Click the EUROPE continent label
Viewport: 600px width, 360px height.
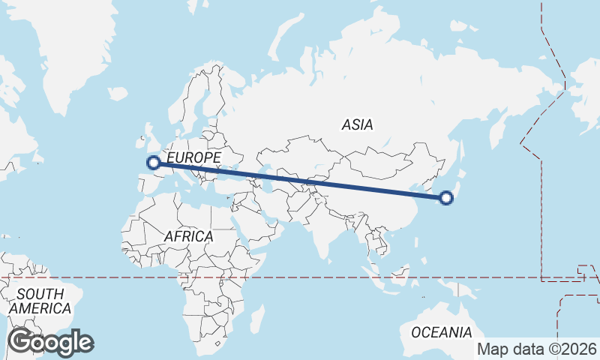193,157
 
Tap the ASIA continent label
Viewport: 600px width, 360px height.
357,125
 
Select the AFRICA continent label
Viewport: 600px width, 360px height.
188,236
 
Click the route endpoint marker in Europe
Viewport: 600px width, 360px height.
153,162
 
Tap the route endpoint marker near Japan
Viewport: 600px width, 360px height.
447,198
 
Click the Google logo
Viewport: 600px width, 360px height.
50,342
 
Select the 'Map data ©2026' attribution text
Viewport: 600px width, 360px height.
537,349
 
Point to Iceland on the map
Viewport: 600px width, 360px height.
118,94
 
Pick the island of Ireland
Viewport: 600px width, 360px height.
136,140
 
